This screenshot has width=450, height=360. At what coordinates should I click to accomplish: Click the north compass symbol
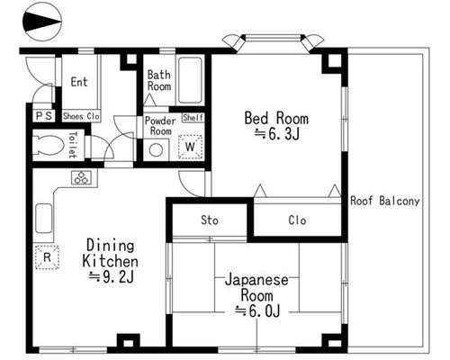pos(41,22)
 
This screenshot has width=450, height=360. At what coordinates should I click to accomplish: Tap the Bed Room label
pos(276,118)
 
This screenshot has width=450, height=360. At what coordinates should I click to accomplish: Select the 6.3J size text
pos(277,134)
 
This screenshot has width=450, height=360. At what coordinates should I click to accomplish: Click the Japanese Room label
pos(256,287)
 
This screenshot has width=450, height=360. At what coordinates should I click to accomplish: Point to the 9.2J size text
pos(112,277)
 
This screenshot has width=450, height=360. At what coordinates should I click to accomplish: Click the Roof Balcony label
pos(385,201)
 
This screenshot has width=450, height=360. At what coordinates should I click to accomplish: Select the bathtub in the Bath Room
pos(190,80)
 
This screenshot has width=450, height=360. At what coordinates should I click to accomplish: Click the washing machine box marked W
pos(190,147)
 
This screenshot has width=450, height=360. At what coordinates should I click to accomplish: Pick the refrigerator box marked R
pos(47,257)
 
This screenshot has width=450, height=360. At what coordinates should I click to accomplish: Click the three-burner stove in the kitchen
pos(81,177)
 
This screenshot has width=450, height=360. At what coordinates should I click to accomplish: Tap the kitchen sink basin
pos(44,218)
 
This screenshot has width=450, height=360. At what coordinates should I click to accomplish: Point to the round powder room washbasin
pos(156,150)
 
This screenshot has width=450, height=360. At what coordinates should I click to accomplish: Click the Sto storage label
pos(210,220)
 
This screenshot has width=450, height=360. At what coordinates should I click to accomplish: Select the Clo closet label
pos(297,220)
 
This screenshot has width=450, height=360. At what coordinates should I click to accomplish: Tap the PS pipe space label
pos(44,116)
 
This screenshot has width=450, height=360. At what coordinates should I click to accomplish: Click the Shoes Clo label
pos(81,116)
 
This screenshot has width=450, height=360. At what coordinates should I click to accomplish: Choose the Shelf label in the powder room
pos(193,117)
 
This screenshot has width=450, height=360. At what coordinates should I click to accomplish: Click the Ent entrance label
pos(79,82)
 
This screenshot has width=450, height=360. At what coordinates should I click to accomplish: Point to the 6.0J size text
pos(257,311)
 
